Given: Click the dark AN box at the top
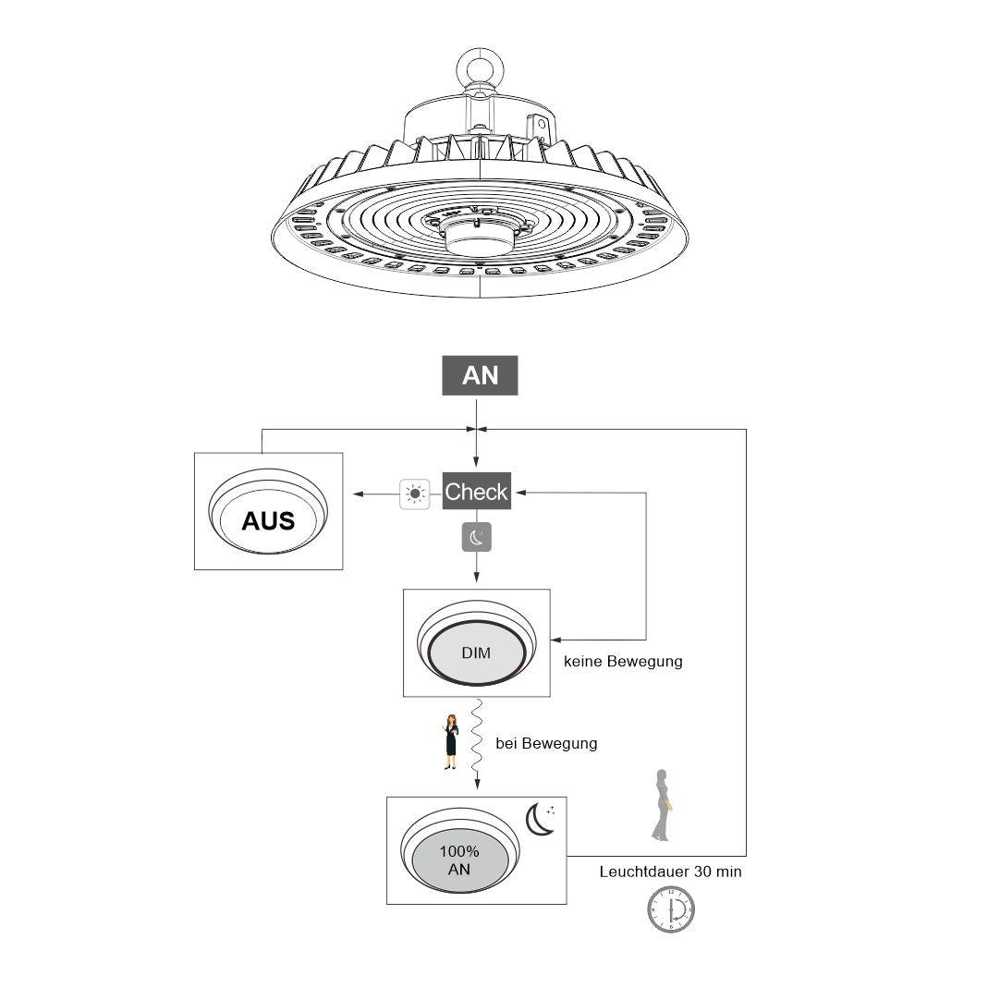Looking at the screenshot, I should pyautogui.click(x=480, y=375).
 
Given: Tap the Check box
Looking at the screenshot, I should pyautogui.click(x=476, y=492).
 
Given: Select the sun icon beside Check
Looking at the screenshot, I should pyautogui.click(x=415, y=494).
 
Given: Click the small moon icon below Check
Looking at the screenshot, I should pyautogui.click(x=477, y=537).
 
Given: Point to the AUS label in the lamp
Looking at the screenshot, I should pyautogui.click(x=268, y=520).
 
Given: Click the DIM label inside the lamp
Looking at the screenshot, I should pyautogui.click(x=476, y=652).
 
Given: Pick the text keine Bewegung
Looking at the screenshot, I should pyautogui.click(x=623, y=662).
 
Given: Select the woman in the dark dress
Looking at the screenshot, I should pyautogui.click(x=451, y=741).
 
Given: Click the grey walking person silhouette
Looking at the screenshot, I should pyautogui.click(x=661, y=805).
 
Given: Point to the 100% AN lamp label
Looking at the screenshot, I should pyautogui.click(x=459, y=860).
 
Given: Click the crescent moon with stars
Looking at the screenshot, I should pyautogui.click(x=541, y=819).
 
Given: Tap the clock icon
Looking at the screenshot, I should pyautogui.click(x=671, y=909).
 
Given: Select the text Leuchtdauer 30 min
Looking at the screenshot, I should pyautogui.click(x=670, y=872).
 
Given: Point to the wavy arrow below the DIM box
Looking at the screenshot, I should pyautogui.click(x=477, y=744).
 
